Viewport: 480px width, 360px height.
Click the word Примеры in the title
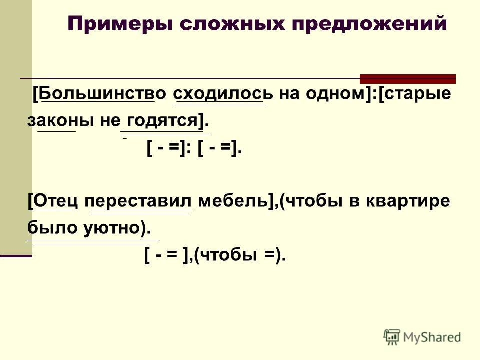(120, 24)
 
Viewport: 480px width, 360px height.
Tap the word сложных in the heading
(232, 23)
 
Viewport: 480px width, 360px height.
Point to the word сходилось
(223, 93)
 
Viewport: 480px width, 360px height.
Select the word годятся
(162, 121)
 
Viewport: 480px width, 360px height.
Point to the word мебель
(233, 201)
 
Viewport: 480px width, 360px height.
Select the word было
(52, 228)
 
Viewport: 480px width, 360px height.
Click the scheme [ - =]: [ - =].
(194, 149)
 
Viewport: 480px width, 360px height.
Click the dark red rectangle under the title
(408, 79)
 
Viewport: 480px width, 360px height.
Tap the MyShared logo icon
(392, 337)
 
